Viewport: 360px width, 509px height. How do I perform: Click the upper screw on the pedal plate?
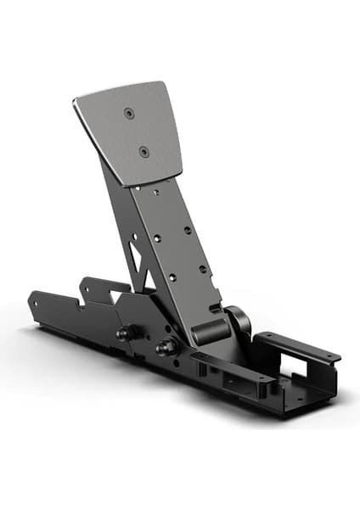[x=128, y=113]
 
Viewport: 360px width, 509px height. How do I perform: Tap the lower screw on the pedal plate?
[x=143, y=151]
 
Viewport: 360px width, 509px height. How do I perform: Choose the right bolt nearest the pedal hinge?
[x=161, y=348]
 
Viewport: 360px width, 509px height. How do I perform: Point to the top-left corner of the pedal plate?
[x=76, y=99]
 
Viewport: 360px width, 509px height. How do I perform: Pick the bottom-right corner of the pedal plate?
[x=180, y=169]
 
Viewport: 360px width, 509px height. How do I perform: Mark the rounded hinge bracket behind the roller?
[x=239, y=320]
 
